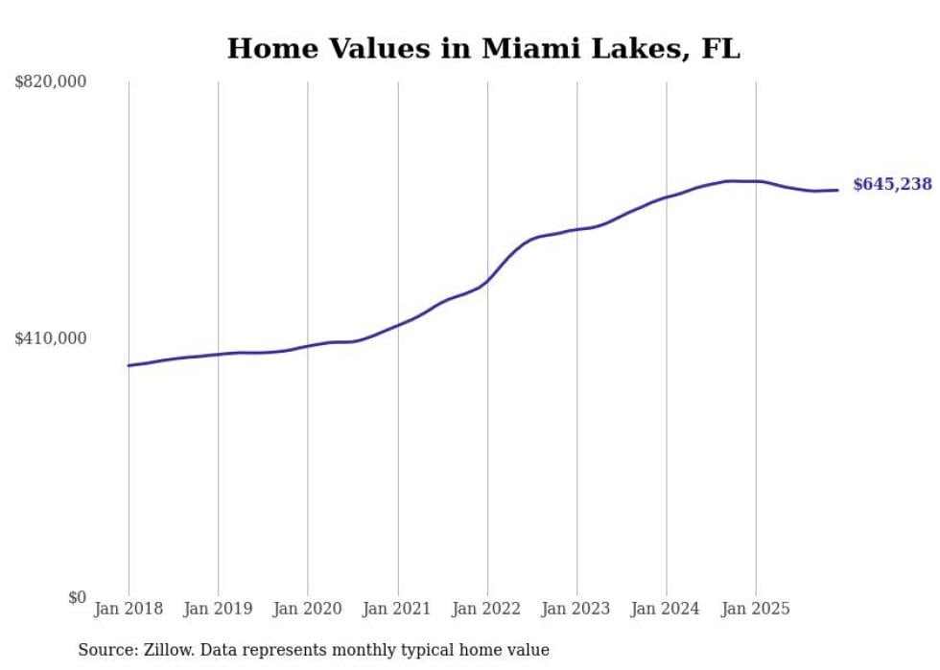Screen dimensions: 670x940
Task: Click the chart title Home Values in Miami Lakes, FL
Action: [x=483, y=49]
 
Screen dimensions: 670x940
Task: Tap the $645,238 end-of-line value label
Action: [x=892, y=184]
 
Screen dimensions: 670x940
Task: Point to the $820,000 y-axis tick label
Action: [x=51, y=82]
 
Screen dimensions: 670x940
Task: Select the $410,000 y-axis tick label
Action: [x=51, y=338]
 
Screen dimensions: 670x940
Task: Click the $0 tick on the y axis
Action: [x=77, y=597]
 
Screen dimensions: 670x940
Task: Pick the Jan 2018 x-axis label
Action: [x=129, y=609]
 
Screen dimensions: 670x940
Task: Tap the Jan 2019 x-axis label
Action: [x=218, y=609]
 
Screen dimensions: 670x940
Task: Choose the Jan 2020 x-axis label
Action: [x=308, y=609]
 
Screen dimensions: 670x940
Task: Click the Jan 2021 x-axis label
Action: [x=397, y=609]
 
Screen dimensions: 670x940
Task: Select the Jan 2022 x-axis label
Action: [x=487, y=609]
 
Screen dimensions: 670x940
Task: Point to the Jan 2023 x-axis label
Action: [x=576, y=609]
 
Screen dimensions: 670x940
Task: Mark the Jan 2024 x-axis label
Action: [x=667, y=609]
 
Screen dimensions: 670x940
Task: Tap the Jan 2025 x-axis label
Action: [x=756, y=609]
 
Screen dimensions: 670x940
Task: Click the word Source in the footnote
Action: [x=107, y=650]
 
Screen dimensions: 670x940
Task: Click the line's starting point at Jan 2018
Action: [x=129, y=365]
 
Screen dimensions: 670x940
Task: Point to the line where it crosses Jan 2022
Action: [x=487, y=281]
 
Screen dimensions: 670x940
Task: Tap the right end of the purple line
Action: [x=837, y=190]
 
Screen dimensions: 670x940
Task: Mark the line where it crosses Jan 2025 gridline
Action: [x=756, y=181]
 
